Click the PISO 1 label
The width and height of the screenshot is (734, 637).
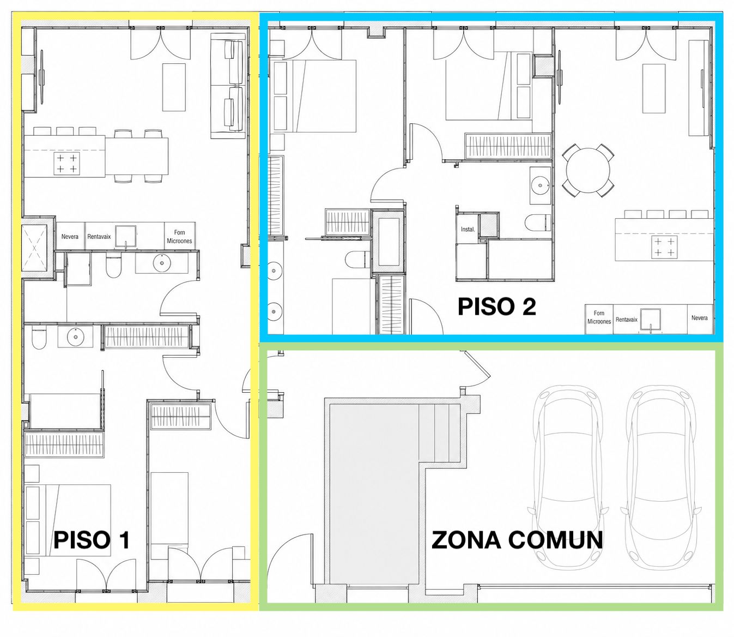click(91, 540)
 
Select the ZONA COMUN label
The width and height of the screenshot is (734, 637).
click(517, 540)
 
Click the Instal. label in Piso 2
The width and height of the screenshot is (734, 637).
click(468, 229)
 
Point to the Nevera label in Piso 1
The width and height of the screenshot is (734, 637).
click(70, 236)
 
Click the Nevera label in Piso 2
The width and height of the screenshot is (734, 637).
click(699, 318)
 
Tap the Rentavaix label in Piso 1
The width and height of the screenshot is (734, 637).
click(99, 236)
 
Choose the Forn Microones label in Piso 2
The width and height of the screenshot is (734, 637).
click(599, 317)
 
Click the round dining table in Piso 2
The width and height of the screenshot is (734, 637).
click(588, 171)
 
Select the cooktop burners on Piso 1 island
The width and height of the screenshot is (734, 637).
click(67, 164)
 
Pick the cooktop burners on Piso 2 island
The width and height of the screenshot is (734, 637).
click(664, 247)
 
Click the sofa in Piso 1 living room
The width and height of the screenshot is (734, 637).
click(228, 86)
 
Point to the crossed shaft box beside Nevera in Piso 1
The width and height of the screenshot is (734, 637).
click(34, 247)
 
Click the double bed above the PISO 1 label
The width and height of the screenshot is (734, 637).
click(68, 520)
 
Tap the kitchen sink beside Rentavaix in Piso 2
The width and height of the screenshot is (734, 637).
click(650, 320)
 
